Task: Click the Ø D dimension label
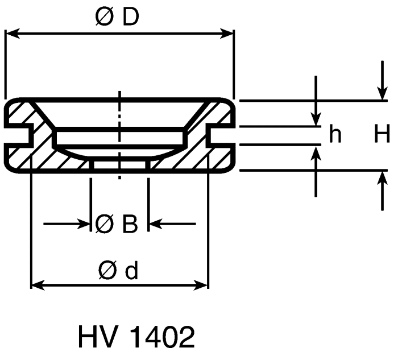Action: pos(117,16)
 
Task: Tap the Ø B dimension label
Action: pos(117,224)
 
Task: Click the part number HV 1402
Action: pos(136,337)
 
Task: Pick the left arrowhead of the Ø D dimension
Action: pos(13,33)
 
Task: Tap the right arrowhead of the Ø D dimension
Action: pos(226,34)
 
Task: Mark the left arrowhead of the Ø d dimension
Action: pos(38,285)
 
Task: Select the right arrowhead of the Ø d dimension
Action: pos(201,285)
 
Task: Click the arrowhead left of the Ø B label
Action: pos(84,224)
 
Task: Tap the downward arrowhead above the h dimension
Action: pos(316,119)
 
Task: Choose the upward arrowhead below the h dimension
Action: pos(316,154)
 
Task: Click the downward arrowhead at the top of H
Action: pos(382,93)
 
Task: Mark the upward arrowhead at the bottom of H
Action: pos(382,177)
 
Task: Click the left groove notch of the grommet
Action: pos(19,135)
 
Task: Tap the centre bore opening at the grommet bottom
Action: pos(119,164)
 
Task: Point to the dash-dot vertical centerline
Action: pos(119,135)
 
